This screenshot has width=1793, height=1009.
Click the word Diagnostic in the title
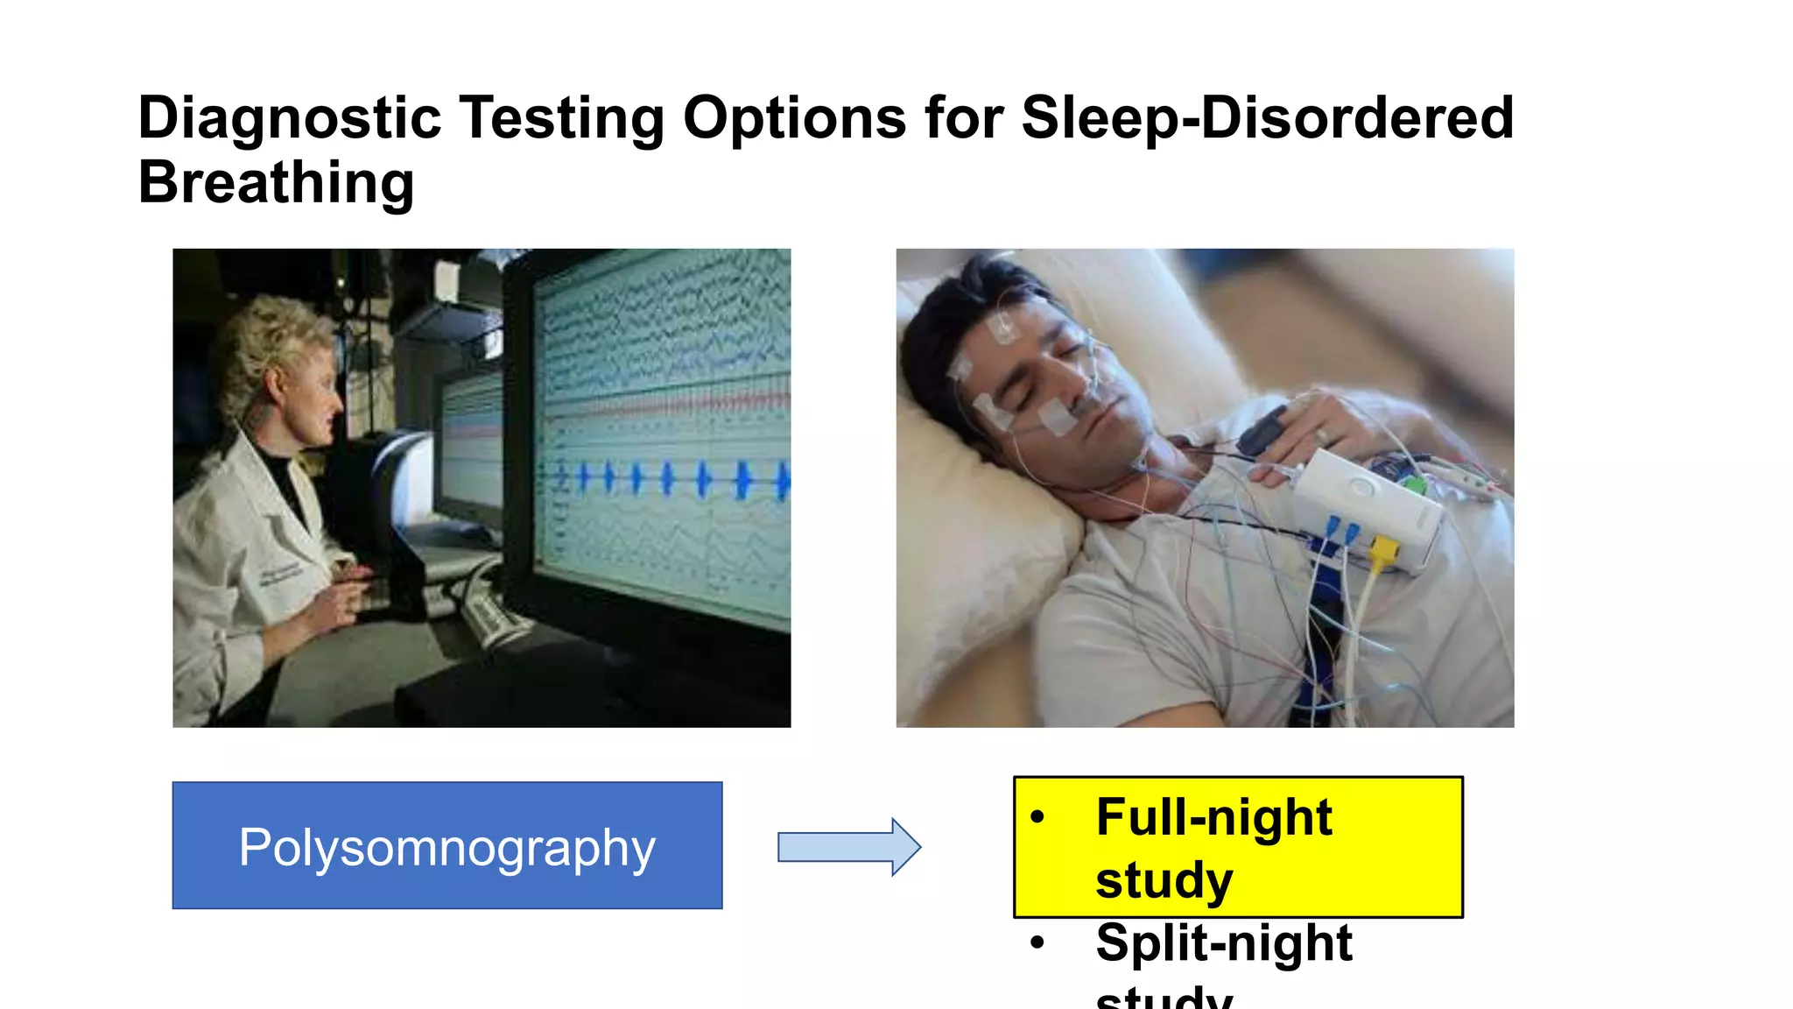point(289,118)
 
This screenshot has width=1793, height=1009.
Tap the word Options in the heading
point(794,118)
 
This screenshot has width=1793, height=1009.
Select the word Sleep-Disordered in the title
point(1267,118)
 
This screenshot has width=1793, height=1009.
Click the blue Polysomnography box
point(447,846)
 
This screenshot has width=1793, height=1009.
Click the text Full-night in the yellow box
point(1213,817)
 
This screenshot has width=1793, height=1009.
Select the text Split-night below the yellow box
point(1223,943)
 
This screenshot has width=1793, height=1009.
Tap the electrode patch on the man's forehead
point(1003,328)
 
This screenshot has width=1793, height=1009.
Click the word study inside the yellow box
point(1164,880)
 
